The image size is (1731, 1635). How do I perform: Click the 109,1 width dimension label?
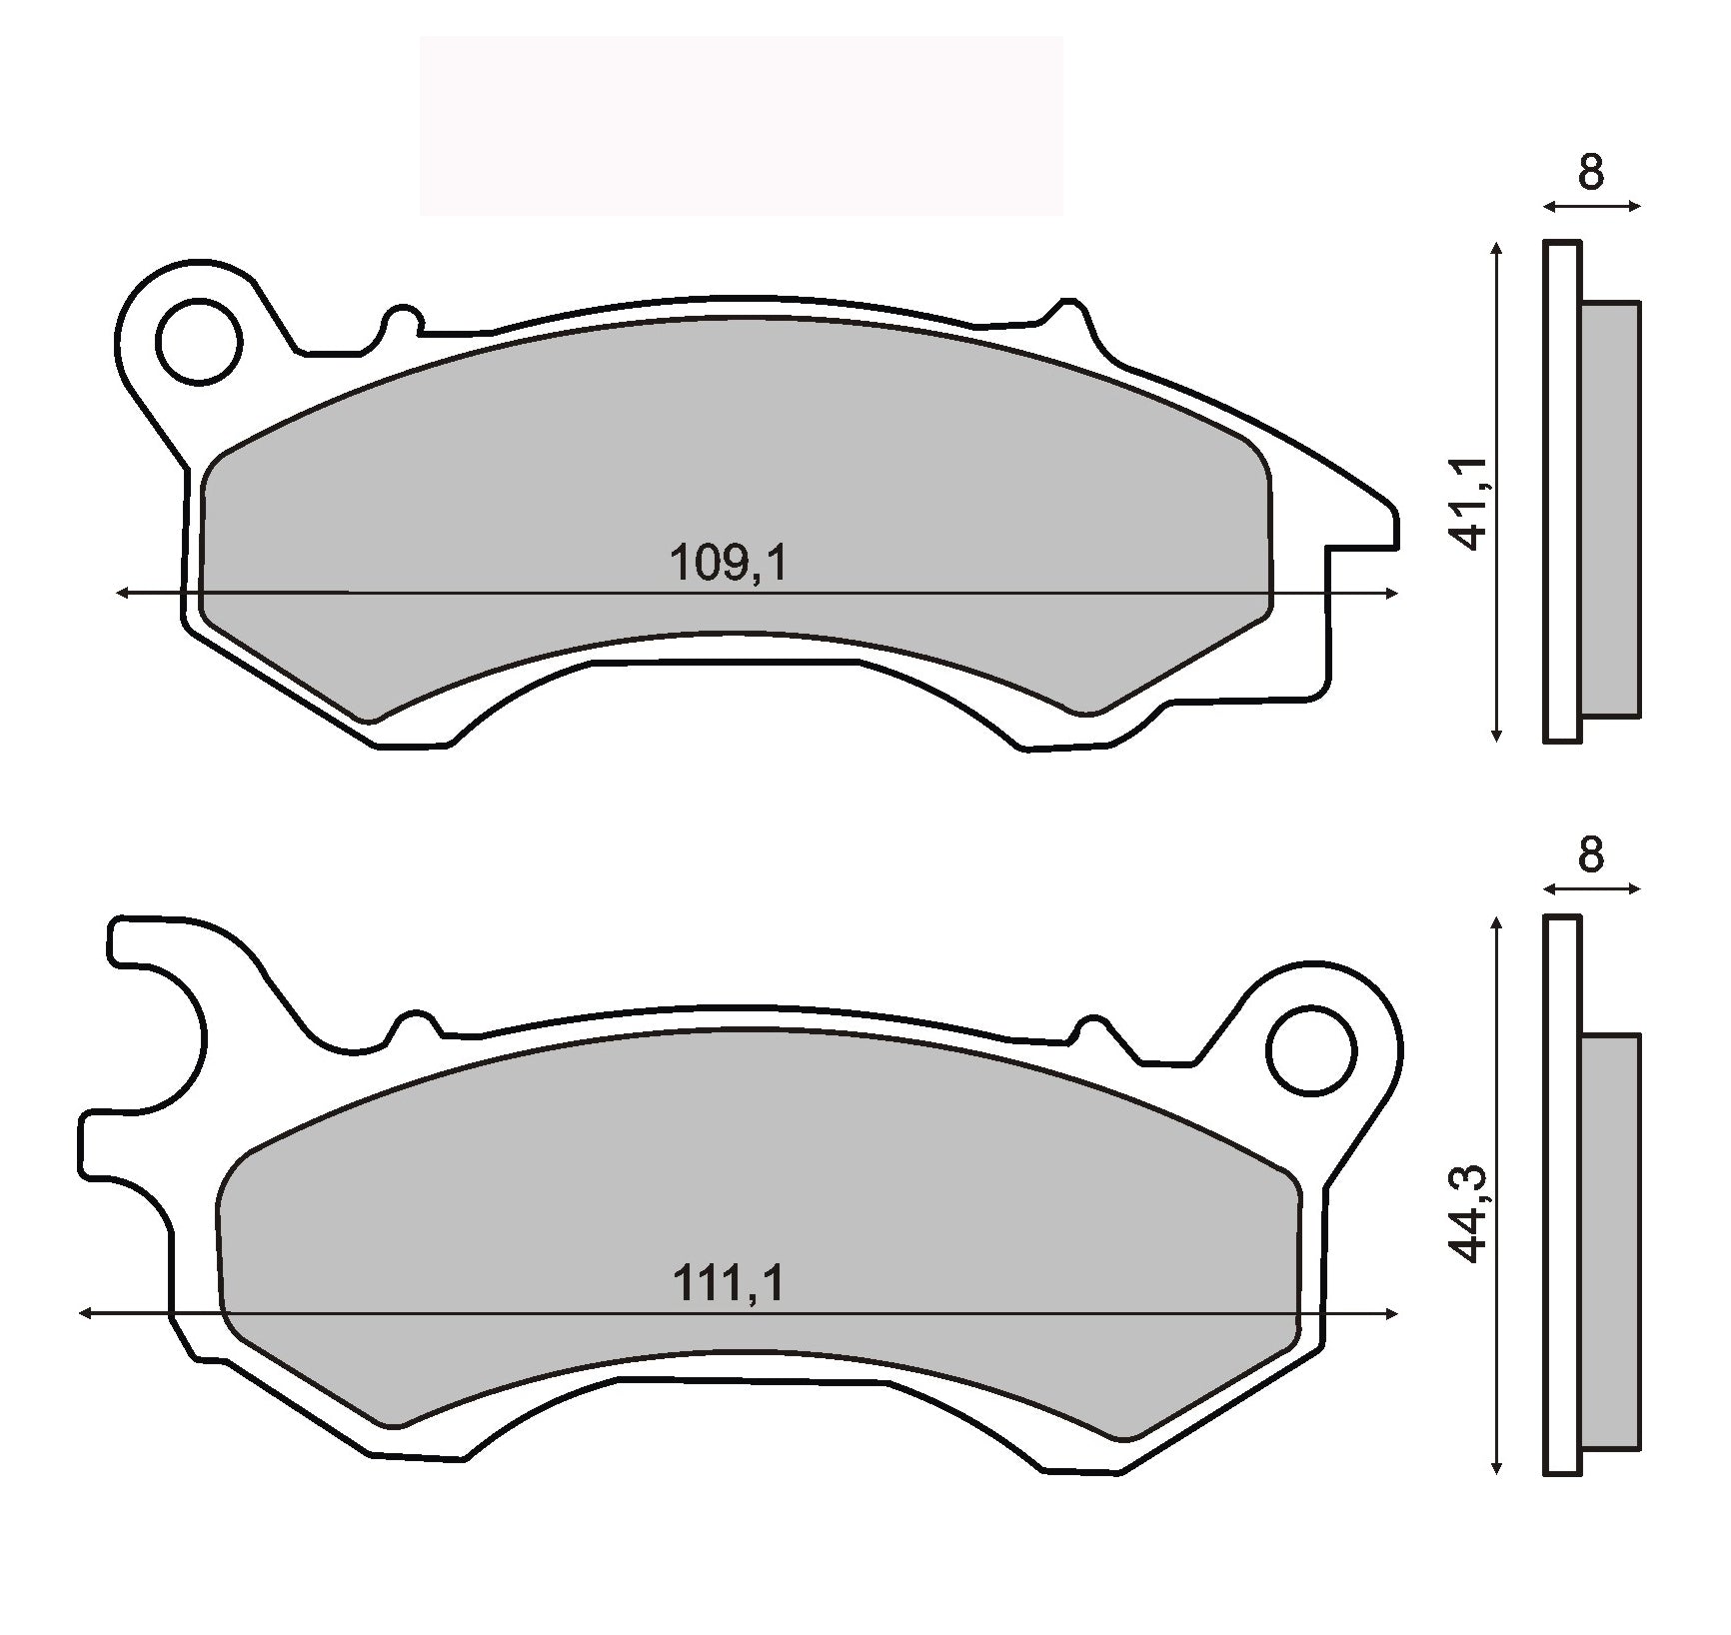[x=728, y=565]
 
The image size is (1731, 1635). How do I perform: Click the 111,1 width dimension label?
[x=728, y=1283]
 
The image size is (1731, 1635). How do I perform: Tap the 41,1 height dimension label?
[x=1470, y=503]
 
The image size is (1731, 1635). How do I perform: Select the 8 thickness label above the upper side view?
[x=1590, y=173]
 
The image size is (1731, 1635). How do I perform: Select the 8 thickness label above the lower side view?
[x=1590, y=855]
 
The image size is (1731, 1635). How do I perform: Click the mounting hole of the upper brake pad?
[x=201, y=341]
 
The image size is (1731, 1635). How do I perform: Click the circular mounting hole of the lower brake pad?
[x=1310, y=1050]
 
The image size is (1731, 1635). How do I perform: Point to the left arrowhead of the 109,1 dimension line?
[x=123, y=594]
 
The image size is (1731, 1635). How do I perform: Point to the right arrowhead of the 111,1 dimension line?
[x=1391, y=1313]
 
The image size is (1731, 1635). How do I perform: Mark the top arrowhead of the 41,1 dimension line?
[x=1496, y=248]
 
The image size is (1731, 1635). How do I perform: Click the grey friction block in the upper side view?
[x=1610, y=509]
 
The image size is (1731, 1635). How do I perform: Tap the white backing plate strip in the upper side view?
[x=1562, y=491]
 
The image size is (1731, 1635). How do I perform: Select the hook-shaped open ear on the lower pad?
[x=150, y=1039]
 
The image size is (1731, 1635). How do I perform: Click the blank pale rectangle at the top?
[x=741, y=126]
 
